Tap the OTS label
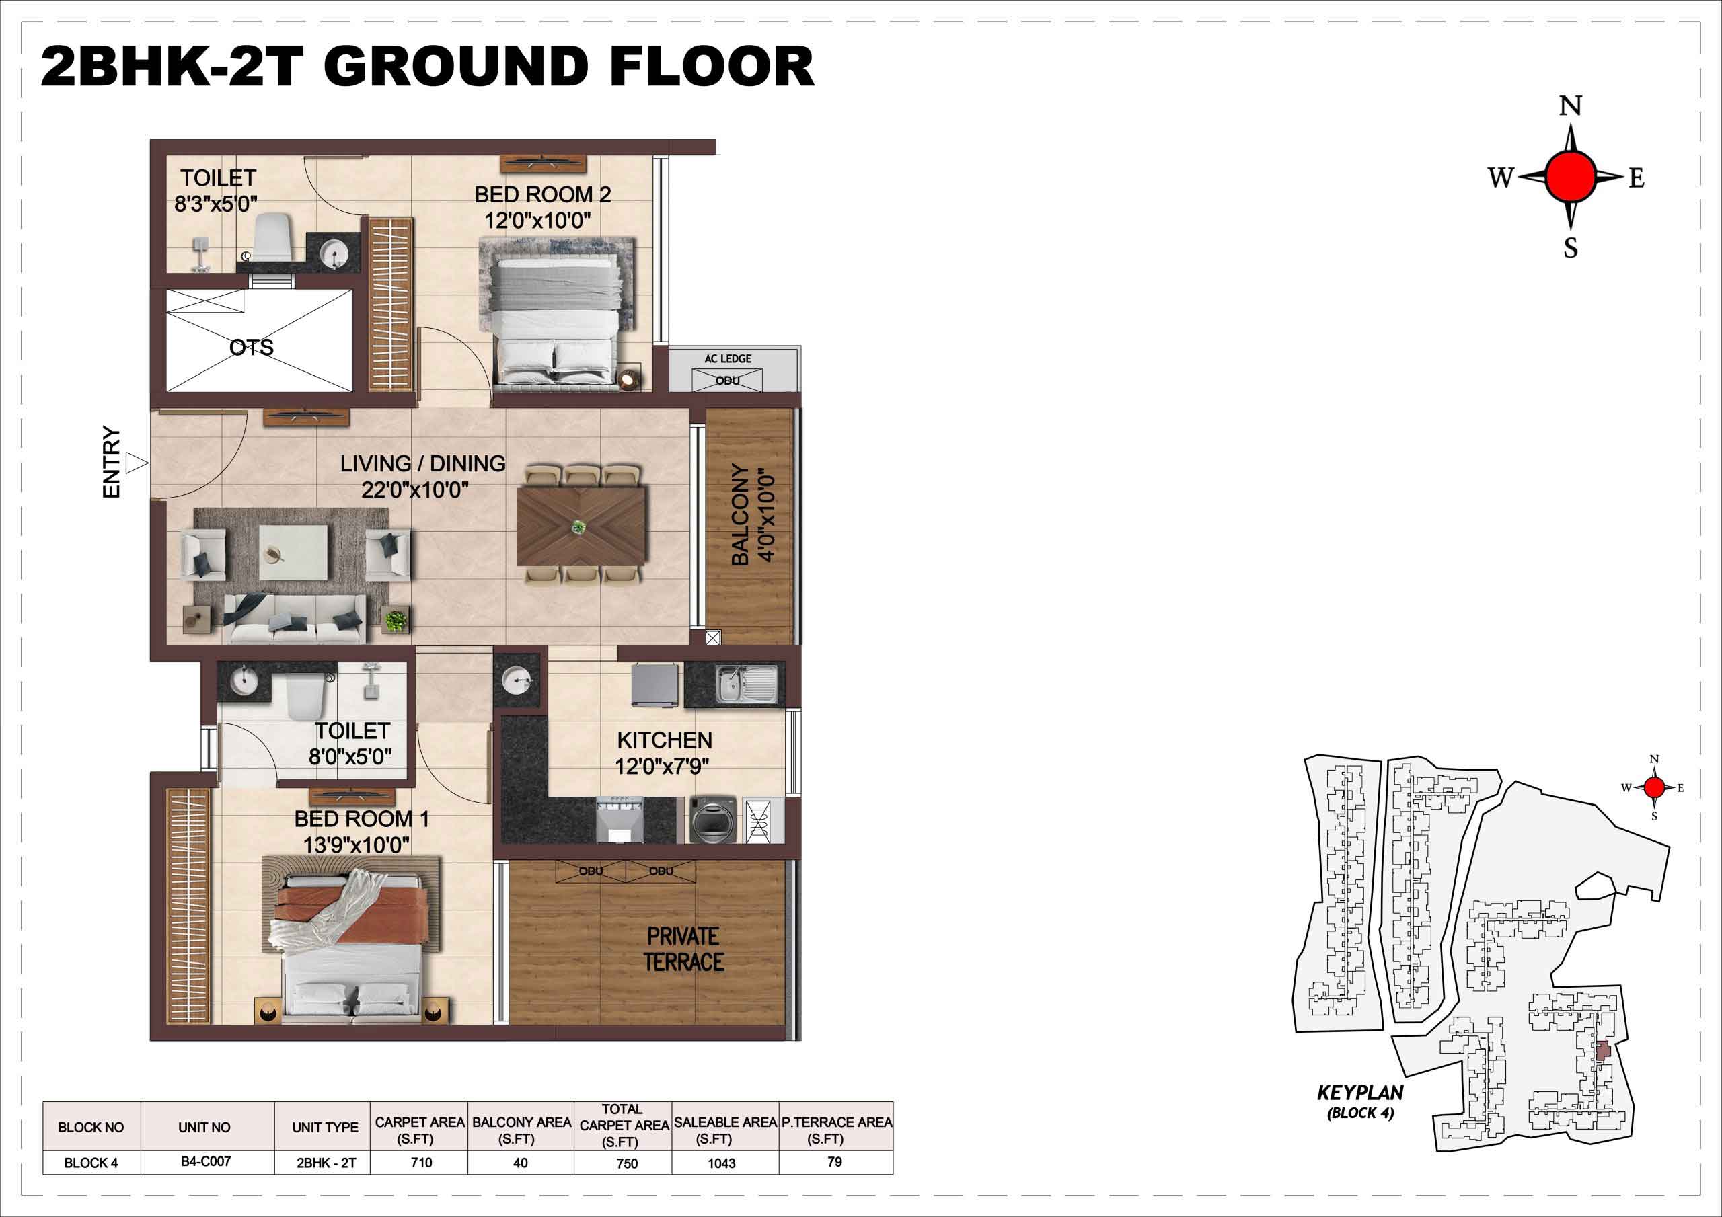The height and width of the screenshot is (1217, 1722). [x=252, y=347]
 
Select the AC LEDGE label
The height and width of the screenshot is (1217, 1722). [x=728, y=359]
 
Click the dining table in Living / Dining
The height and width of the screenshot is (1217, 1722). [x=581, y=526]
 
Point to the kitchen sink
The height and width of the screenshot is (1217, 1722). [x=746, y=684]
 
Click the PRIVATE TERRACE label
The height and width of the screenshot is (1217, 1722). [x=683, y=949]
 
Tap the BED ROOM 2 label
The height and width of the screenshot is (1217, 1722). [x=543, y=195]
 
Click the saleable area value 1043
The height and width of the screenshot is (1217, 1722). [x=722, y=1163]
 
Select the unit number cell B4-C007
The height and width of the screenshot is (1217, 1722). [x=206, y=1161]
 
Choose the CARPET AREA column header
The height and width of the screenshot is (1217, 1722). [x=420, y=1130]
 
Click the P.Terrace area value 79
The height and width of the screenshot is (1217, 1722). [x=834, y=1161]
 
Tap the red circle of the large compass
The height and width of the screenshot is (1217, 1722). [x=1571, y=177]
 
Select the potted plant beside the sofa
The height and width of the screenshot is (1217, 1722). [x=396, y=621]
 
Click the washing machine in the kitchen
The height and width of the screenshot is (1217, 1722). [x=710, y=820]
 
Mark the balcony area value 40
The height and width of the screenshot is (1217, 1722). [x=521, y=1163]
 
